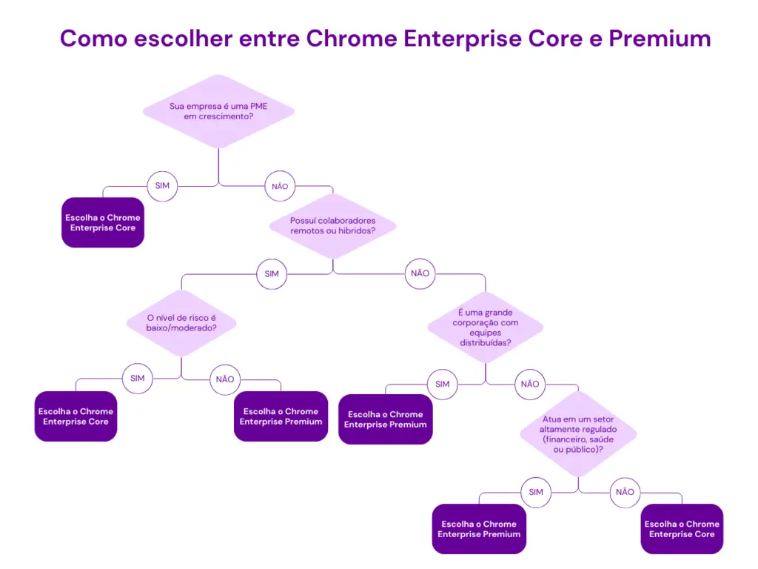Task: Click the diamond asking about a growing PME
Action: pyautogui.click(x=218, y=111)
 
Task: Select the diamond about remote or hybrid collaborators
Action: pyautogui.click(x=333, y=226)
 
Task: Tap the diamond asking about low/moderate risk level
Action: pyautogui.click(x=181, y=322)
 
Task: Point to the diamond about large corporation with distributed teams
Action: pyautogui.click(x=486, y=327)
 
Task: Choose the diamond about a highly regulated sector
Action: pyautogui.click(x=578, y=434)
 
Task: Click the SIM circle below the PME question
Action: pyautogui.click(x=162, y=186)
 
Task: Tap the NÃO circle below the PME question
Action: pyautogui.click(x=280, y=187)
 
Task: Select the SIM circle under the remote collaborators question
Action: pyautogui.click(x=272, y=274)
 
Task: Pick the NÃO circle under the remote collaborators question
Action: pyautogui.click(x=420, y=274)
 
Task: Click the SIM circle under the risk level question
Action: pyautogui.click(x=137, y=379)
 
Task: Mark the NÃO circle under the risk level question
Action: pyautogui.click(x=225, y=379)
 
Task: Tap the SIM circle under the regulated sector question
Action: pyautogui.click(x=536, y=492)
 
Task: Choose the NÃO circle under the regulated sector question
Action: pyautogui.click(x=625, y=492)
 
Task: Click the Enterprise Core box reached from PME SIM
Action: pyautogui.click(x=103, y=222)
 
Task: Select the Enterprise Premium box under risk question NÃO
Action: pyautogui.click(x=281, y=416)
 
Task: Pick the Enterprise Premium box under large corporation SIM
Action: pyautogui.click(x=386, y=419)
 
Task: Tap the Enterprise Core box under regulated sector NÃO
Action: pyautogui.click(x=682, y=529)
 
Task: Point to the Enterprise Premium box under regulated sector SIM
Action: pyautogui.click(x=479, y=529)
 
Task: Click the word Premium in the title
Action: pyautogui.click(x=660, y=39)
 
